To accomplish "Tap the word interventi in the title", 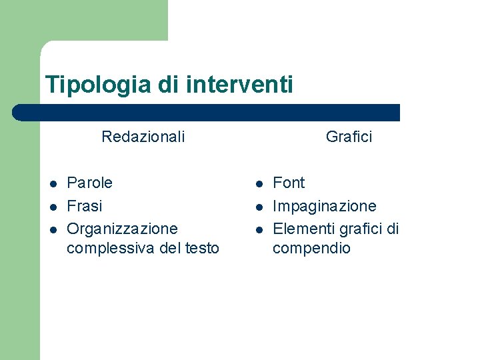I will (x=240, y=85).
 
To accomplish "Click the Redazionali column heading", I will (x=143, y=137).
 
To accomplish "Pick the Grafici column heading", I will (x=349, y=137).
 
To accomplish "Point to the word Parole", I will (x=90, y=183).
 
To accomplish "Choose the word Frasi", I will (x=85, y=206).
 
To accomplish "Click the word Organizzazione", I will (x=123, y=229).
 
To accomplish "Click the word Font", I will (x=289, y=183).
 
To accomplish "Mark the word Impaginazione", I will (x=325, y=206).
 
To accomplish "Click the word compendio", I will (x=311, y=249).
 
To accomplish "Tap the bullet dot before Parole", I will (x=52, y=183).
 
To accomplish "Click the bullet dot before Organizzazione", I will (x=52, y=229).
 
